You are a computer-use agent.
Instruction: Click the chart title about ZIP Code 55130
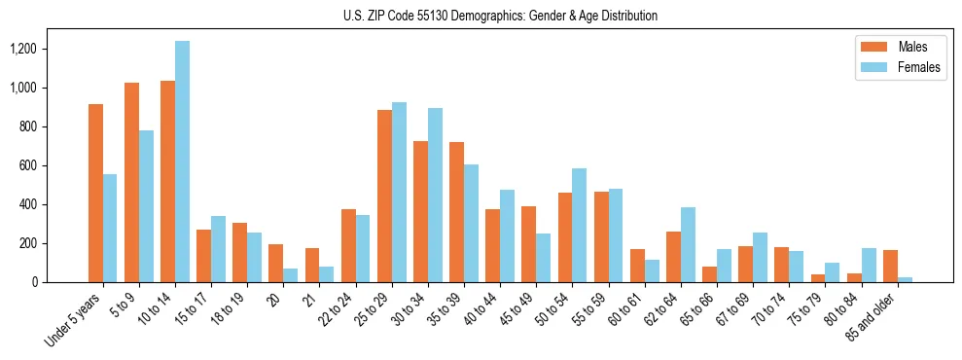(x=500, y=16)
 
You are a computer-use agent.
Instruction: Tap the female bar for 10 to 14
(x=182, y=162)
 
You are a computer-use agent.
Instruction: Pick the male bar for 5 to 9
(x=131, y=182)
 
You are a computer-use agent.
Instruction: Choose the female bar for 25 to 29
(x=399, y=192)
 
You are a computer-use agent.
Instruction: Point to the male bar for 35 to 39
(x=456, y=212)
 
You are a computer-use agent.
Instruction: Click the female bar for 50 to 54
(x=580, y=225)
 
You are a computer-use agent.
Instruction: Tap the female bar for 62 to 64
(x=688, y=244)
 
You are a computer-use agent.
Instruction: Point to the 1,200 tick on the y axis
(x=44, y=49)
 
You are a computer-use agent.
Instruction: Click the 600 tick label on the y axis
(x=50, y=165)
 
